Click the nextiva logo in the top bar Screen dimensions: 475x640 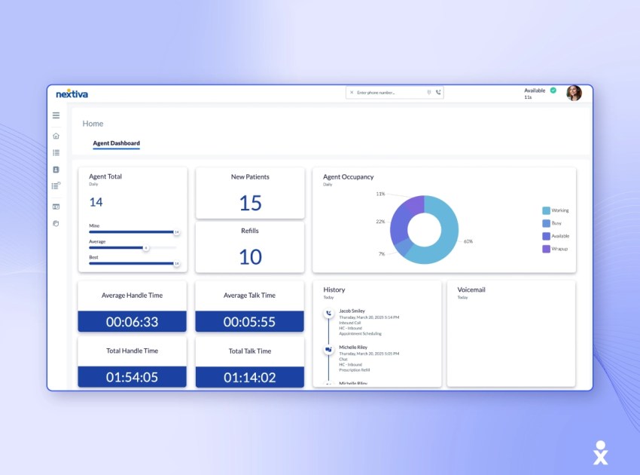pos(72,93)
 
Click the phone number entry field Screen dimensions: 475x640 pos(386,93)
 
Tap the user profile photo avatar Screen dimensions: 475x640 pos(574,93)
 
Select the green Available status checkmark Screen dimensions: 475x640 pos(553,90)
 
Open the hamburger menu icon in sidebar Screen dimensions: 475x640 pos(56,115)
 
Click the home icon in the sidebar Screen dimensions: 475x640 pos(56,136)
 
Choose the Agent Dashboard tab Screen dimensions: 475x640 pos(116,143)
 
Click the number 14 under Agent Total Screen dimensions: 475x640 pos(96,202)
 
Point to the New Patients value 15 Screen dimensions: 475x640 pos(250,203)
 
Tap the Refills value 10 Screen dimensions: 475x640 pos(250,257)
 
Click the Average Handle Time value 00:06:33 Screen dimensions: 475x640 pos(132,322)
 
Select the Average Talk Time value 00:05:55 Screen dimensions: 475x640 pos(250,322)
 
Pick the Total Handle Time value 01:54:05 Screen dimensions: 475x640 pos(132,377)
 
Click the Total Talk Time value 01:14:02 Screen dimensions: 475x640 pos(250,377)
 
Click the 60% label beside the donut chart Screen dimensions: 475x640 pos(468,241)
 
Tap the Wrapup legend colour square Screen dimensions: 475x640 pos(546,249)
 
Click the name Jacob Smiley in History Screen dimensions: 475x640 pos(351,311)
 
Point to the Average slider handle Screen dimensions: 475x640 pos(146,247)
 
